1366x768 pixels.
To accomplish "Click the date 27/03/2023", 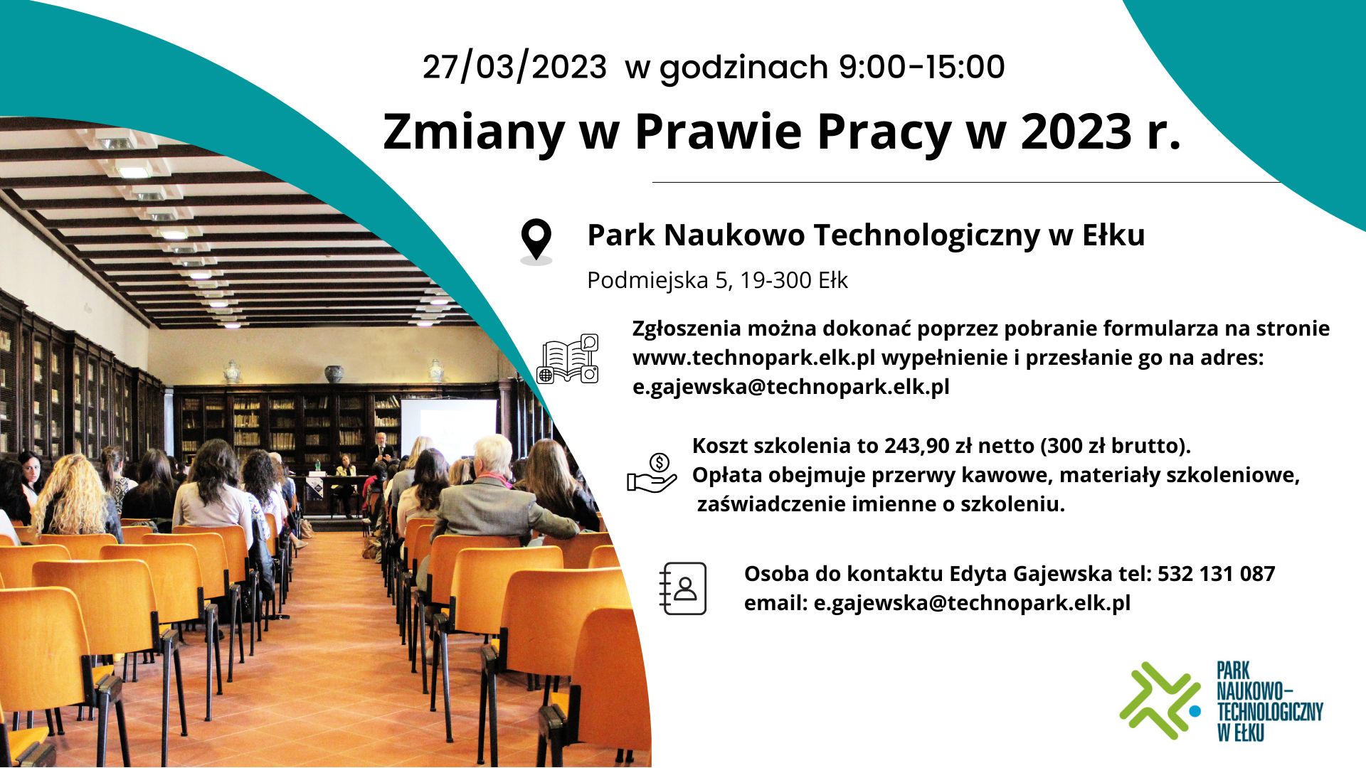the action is click(514, 68).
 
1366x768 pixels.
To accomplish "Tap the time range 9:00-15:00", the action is click(921, 67).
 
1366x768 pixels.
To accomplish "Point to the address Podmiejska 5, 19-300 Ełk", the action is click(717, 280).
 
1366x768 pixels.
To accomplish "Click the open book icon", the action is click(568, 359).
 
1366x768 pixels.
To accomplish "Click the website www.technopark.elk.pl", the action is click(754, 358).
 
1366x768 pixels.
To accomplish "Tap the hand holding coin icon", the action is click(651, 474).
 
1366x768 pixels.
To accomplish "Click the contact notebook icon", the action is click(683, 588).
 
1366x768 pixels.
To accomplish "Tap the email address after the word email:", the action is click(972, 603).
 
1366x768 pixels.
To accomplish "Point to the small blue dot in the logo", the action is click(1195, 710).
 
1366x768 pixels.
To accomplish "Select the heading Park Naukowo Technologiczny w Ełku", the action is click(866, 235).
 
